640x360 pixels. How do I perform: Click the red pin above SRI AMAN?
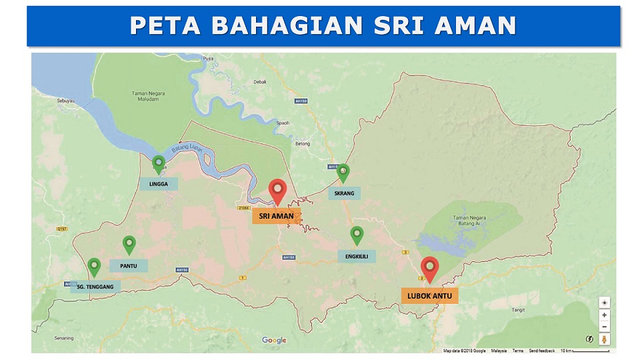[277, 190]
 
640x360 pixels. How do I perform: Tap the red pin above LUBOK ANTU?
[430, 268]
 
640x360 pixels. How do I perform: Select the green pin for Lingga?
[159, 163]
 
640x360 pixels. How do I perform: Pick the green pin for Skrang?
[343, 173]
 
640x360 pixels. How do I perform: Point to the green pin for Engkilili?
[357, 235]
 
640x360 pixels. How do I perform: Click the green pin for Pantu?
[129, 245]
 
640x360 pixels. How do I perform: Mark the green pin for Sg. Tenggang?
[94, 267]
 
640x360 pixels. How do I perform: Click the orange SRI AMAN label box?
[276, 216]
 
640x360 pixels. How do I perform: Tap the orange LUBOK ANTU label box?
[429, 295]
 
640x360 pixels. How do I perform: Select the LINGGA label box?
[159, 184]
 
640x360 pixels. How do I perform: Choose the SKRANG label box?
[343, 193]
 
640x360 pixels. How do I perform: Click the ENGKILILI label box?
[357, 255]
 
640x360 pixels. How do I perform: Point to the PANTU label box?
[129, 265]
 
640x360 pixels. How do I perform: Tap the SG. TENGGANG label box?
[95, 287]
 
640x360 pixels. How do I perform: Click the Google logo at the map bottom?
[274, 340]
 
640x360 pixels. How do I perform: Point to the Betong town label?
[303, 143]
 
